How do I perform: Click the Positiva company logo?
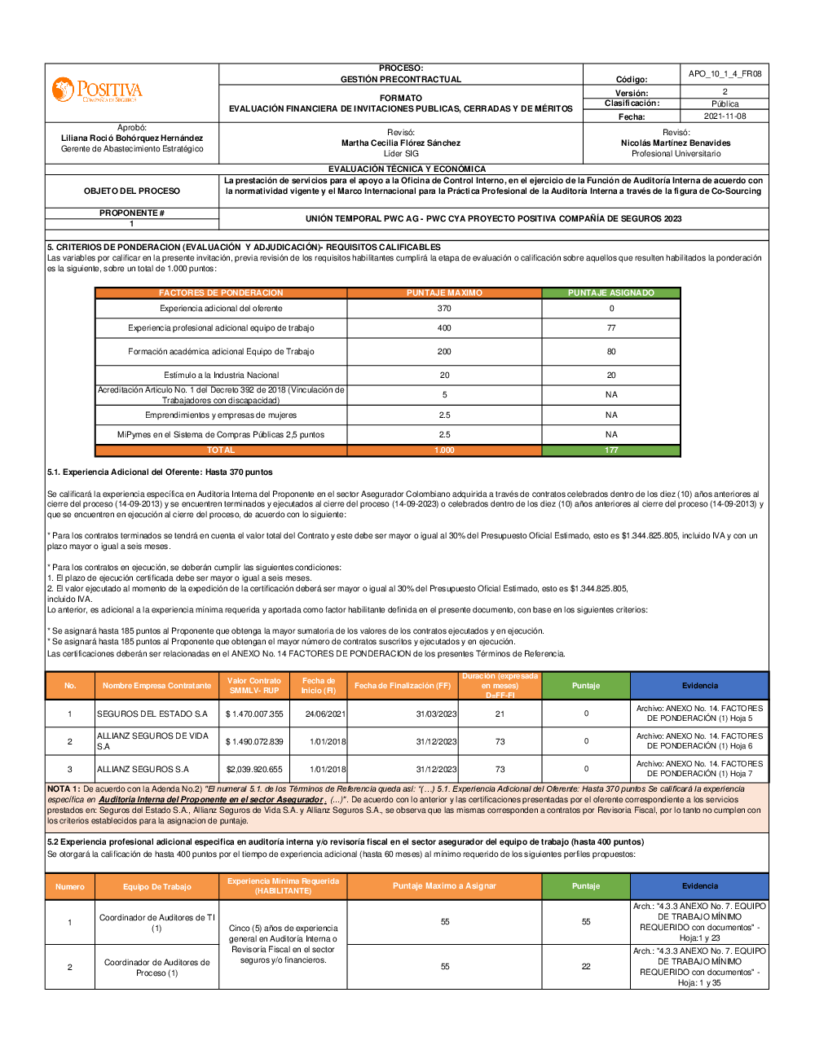[x=97, y=90]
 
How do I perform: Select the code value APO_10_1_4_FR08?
[x=725, y=73]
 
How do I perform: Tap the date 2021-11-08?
[x=725, y=116]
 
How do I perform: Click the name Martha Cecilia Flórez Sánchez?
[x=400, y=143]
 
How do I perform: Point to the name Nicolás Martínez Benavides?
[x=676, y=143]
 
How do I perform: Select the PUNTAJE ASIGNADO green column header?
[x=610, y=292]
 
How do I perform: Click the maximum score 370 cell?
[x=444, y=309]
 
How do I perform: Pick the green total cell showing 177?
[x=611, y=450]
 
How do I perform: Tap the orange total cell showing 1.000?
[x=444, y=450]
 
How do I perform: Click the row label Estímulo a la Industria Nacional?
[x=221, y=375]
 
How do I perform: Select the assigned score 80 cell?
[x=611, y=352]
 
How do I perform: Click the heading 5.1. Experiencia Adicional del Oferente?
[x=160, y=472]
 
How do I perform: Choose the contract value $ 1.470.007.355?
[x=254, y=714]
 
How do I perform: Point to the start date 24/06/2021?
[x=325, y=714]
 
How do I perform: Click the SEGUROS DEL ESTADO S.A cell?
[x=152, y=714]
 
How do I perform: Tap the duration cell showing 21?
[x=500, y=714]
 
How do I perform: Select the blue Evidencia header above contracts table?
[x=699, y=686]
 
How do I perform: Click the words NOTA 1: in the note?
[x=64, y=788]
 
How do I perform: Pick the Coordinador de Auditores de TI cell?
[x=156, y=923]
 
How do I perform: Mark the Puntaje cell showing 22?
[x=585, y=967]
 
